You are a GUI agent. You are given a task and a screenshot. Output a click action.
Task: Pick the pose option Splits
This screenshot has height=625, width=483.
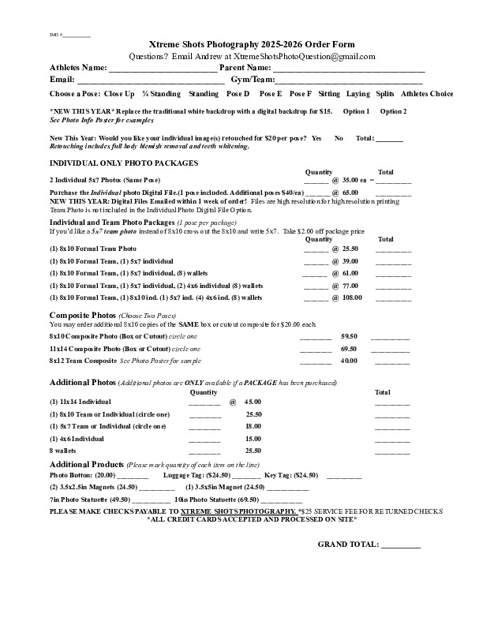click(x=385, y=94)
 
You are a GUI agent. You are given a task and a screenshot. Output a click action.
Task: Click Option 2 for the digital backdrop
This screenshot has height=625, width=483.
click(x=393, y=111)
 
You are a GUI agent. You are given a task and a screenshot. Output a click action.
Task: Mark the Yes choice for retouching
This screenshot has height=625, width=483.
click(x=316, y=138)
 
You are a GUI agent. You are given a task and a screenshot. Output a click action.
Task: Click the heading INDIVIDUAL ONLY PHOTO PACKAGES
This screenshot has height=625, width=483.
click(x=124, y=163)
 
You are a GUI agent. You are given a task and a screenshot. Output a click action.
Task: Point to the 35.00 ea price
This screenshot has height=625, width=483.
click(x=356, y=180)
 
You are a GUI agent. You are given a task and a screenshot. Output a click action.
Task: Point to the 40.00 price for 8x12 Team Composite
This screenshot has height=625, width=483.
click(x=349, y=361)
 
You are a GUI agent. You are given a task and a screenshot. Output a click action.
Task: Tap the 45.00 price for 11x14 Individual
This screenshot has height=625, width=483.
click(x=253, y=402)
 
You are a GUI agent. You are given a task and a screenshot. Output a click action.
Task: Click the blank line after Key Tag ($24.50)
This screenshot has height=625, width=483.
click(x=344, y=476)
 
